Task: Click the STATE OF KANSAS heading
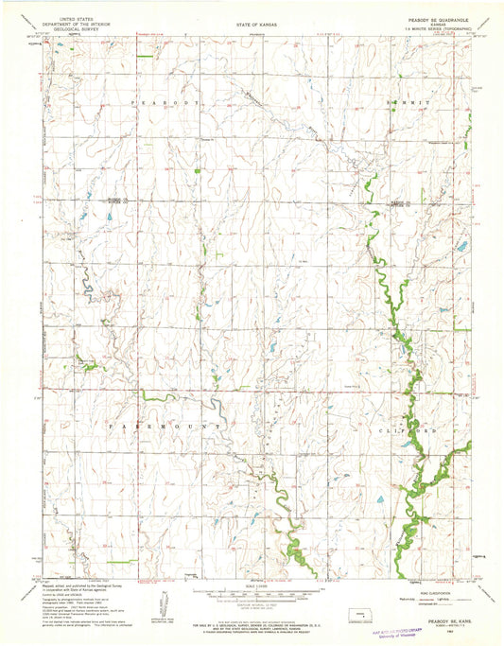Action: tap(252, 18)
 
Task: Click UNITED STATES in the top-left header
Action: tap(80, 17)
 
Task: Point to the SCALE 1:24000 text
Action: tap(252, 585)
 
